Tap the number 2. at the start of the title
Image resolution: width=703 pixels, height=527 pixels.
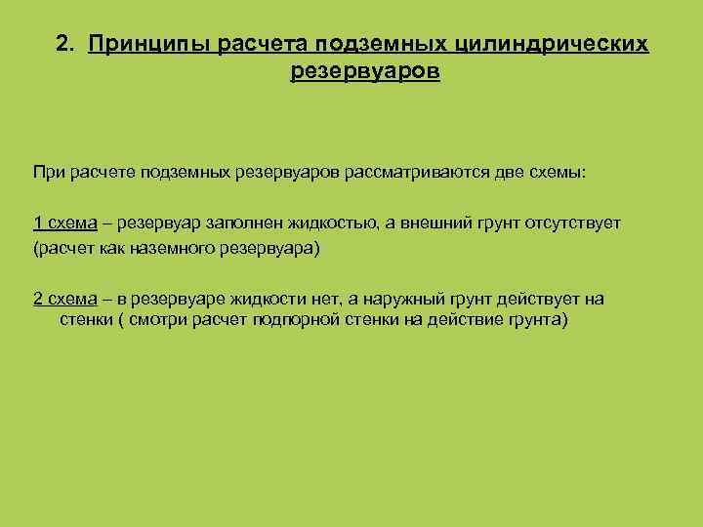(x=66, y=45)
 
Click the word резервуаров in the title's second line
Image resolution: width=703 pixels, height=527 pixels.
(x=365, y=72)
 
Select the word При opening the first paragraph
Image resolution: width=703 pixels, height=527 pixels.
(x=49, y=172)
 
